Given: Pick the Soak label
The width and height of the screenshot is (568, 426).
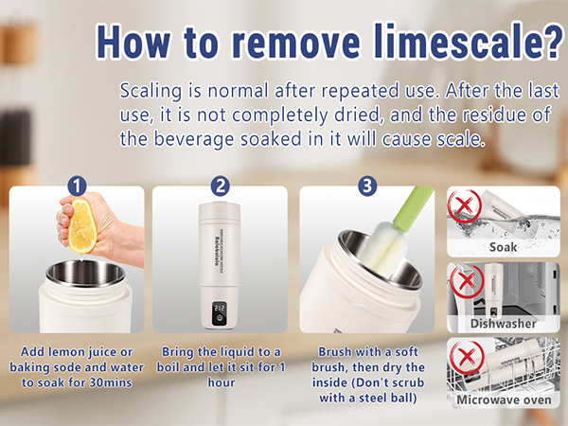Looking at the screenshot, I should coord(503,248).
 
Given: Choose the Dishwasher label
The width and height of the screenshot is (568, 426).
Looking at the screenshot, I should coord(503,323).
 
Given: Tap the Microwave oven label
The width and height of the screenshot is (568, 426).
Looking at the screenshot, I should coord(503,399).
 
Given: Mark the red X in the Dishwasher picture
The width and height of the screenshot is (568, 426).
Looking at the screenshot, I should coord(464,278).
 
